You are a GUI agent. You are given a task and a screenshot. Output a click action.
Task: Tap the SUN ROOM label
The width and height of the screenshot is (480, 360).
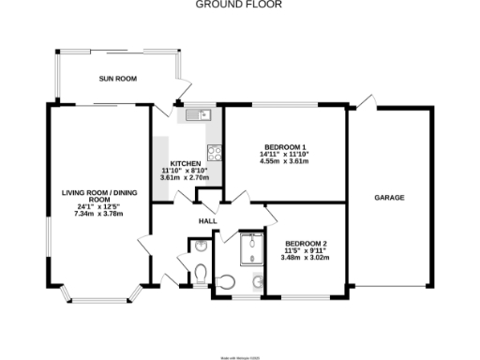click(x=119, y=80)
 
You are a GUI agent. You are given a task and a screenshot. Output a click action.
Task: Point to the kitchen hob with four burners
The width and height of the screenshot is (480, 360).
click(x=215, y=152)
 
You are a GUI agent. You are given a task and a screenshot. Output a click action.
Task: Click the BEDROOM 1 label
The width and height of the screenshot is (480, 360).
click(x=285, y=148)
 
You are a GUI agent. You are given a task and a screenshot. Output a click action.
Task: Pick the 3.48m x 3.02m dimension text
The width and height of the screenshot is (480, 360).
click(x=307, y=258)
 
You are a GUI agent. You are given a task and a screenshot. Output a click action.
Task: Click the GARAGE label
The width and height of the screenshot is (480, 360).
click(x=390, y=198)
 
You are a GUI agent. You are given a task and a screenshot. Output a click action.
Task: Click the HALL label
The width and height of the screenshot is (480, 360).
click(x=207, y=221)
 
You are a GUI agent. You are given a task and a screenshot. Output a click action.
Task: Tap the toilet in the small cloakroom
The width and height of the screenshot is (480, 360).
click(x=200, y=273)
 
